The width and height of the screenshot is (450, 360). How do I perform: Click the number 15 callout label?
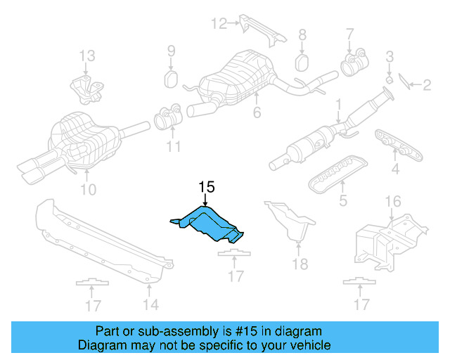206,187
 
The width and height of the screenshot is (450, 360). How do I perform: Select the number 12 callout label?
219,25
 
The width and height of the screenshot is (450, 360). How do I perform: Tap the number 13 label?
86,56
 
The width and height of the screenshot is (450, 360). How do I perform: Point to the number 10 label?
88,189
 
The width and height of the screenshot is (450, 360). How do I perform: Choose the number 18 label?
300,264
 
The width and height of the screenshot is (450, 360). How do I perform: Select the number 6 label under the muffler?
257,112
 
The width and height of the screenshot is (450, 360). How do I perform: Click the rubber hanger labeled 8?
302,62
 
